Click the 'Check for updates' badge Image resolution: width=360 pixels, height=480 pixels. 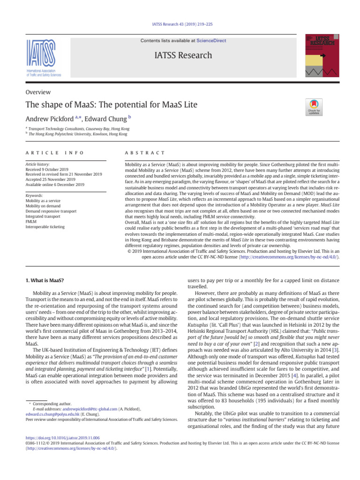(314, 107)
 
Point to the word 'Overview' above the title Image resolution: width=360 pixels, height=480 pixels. (38, 92)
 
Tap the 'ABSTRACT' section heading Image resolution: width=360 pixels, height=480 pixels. (145, 153)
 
